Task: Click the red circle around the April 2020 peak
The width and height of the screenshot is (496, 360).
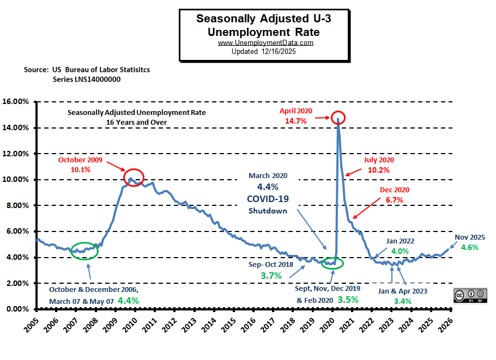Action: (338, 117)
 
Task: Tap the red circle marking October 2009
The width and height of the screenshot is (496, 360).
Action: (134, 177)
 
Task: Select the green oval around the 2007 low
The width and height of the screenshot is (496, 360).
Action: (84, 251)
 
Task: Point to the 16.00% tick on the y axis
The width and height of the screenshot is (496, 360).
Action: (17, 102)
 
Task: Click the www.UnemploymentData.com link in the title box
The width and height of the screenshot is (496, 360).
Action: (265, 43)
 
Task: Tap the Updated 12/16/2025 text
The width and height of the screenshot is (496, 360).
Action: (265, 51)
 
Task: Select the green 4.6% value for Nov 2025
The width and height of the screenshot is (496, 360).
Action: (470, 247)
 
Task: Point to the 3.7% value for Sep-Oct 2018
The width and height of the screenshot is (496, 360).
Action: (271, 276)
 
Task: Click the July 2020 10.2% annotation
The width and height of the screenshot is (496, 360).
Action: (379, 165)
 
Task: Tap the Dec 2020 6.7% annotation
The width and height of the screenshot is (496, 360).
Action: (394, 195)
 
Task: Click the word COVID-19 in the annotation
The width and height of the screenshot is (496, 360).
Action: (268, 199)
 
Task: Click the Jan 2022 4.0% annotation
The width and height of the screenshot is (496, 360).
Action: (401, 246)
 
